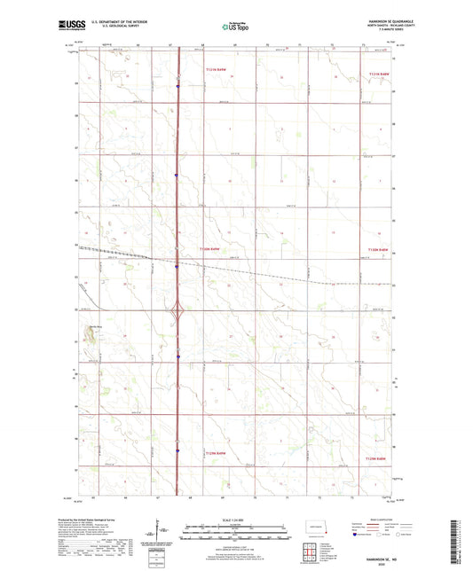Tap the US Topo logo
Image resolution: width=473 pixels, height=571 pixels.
(236, 27)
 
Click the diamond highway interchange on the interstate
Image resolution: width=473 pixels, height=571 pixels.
(177, 310)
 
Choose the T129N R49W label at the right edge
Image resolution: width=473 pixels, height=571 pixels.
(378, 458)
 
